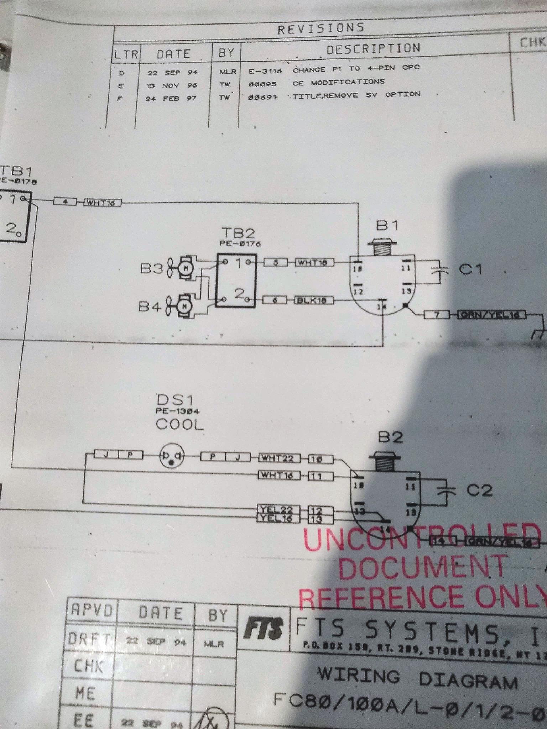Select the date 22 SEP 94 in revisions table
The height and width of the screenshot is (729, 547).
coord(172,73)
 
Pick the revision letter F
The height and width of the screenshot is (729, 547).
coord(119,99)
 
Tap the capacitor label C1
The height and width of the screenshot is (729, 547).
coord(470,269)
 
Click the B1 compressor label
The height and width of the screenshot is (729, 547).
coord(387,225)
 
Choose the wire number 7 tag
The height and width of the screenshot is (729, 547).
coord(437,315)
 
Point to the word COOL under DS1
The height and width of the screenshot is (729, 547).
coord(180,424)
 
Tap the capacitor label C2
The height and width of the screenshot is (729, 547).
coord(479,491)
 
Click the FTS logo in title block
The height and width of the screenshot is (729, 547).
coord(263,629)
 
